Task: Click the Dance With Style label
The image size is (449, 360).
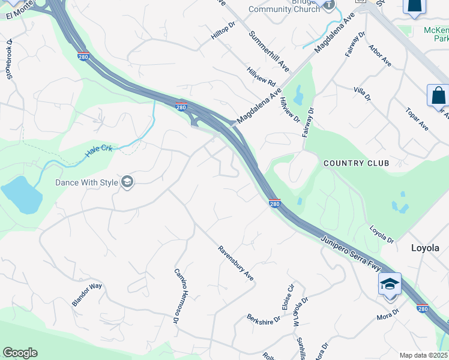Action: [86, 182]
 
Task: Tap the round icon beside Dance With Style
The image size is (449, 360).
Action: [127, 182]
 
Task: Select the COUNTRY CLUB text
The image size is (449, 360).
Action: [356, 163]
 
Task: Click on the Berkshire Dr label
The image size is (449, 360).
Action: [264, 318]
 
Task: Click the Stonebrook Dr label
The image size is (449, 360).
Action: [9, 59]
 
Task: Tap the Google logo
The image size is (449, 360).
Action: [20, 353]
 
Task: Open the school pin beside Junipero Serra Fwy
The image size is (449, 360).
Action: [390, 284]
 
